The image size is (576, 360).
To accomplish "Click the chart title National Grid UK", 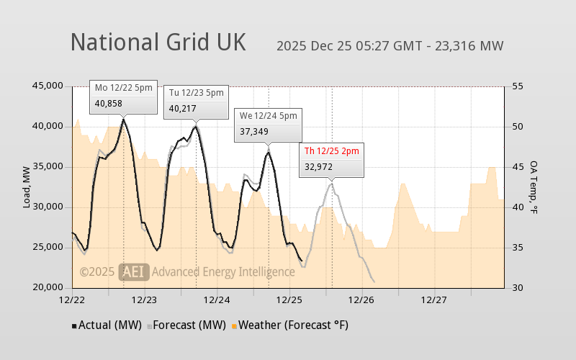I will (x=158, y=42).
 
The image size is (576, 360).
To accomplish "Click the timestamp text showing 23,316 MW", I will (x=390, y=46).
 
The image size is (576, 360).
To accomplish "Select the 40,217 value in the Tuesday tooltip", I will (x=182, y=109).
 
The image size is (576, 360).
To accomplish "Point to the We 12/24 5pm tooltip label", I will (x=268, y=115).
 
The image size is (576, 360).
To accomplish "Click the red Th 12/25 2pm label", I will (x=331, y=150).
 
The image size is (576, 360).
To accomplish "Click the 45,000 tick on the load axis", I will (x=48, y=86).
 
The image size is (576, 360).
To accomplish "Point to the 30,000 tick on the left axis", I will (x=48, y=207).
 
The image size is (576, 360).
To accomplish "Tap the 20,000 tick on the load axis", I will (x=48, y=288).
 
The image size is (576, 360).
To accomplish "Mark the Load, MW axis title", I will (x=27, y=187).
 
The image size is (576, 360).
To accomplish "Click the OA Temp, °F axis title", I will (x=534, y=187).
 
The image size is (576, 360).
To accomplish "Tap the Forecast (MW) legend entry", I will (x=186, y=325).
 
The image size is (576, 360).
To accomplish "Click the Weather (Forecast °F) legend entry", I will (x=289, y=325).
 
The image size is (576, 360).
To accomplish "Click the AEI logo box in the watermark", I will (x=133, y=271).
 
